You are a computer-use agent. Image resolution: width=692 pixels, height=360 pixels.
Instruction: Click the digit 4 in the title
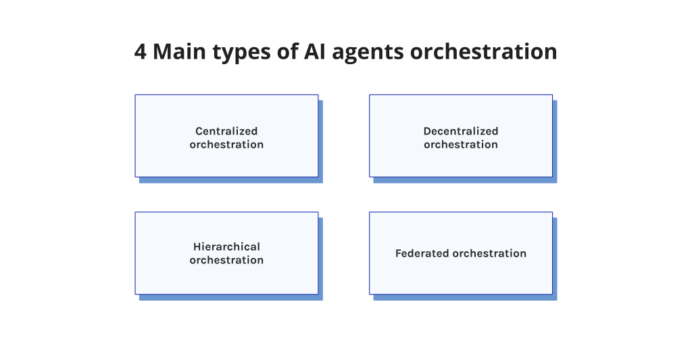coord(141,52)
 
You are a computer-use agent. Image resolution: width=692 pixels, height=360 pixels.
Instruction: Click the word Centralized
coord(226,131)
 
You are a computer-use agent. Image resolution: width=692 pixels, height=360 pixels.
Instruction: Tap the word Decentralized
coord(461,131)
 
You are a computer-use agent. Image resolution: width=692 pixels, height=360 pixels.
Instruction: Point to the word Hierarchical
coord(226,247)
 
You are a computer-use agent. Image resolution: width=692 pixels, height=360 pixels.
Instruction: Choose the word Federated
coord(422,253)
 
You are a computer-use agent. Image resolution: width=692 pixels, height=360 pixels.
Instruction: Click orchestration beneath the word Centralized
coord(226,145)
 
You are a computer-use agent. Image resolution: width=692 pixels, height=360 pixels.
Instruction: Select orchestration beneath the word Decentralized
coord(461,145)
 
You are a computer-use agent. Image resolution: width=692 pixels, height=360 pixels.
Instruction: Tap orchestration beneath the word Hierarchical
coord(226,260)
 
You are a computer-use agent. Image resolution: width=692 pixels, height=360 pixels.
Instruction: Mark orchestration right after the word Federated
coord(489,253)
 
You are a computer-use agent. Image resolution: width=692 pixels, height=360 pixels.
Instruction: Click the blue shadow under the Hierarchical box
coord(230,297)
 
